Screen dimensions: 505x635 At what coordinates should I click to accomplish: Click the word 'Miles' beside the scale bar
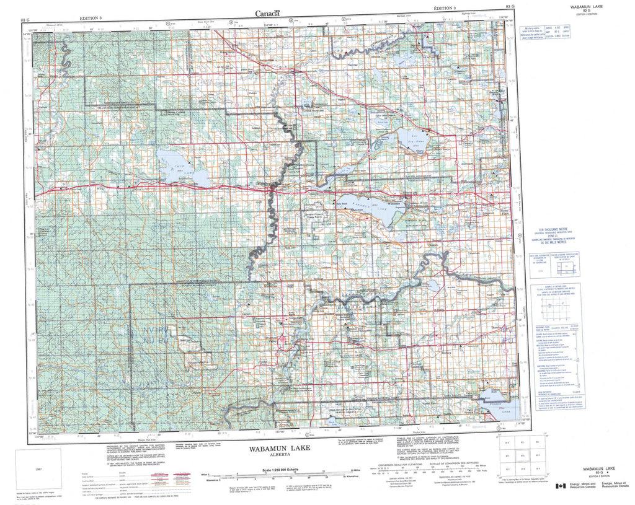point(206,473)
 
